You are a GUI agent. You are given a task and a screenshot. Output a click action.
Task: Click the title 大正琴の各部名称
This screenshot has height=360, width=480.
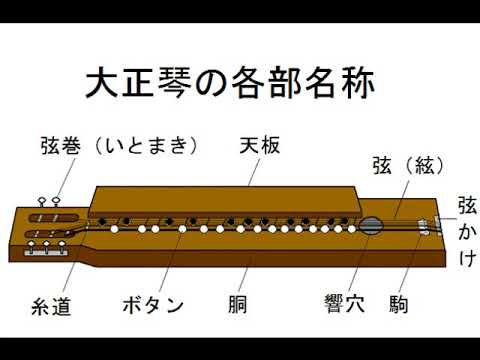229,83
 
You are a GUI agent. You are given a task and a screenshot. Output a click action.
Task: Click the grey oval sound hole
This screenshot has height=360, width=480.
371,227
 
